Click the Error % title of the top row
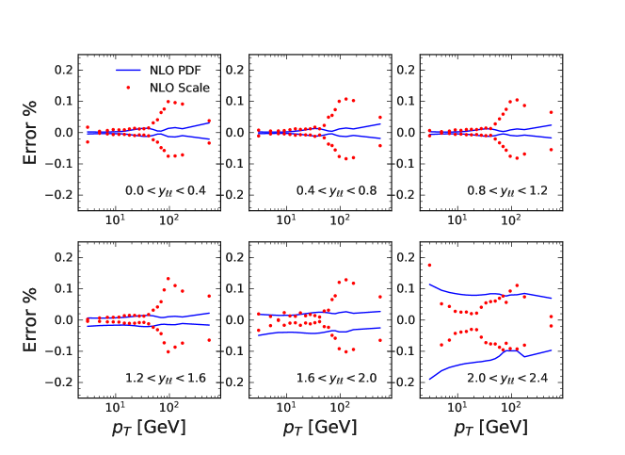pos(31,132)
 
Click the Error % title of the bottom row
pos(31,319)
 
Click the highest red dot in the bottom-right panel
pos(429,265)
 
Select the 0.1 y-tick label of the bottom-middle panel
pos(235,288)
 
